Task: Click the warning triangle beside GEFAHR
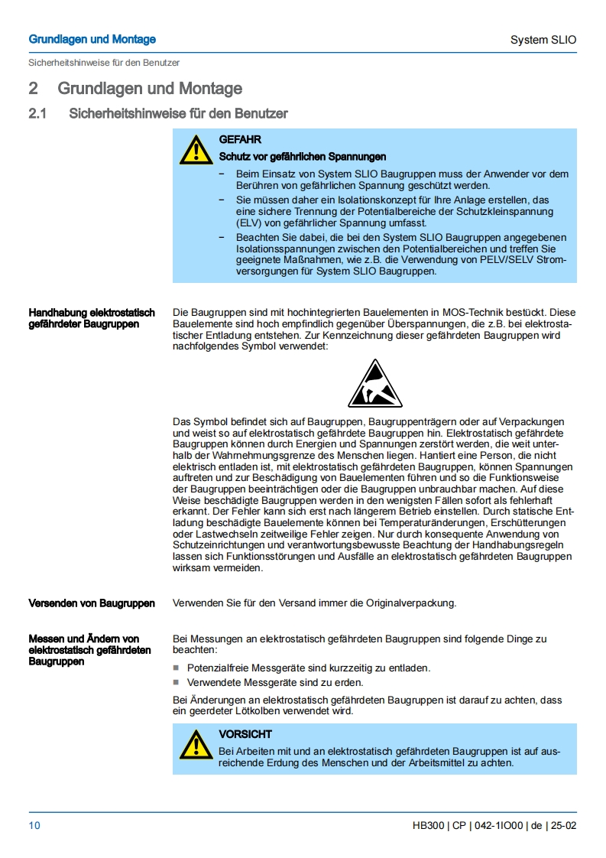click(196, 150)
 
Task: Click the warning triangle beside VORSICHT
click(196, 744)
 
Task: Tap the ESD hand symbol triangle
click(375, 383)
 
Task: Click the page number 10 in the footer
click(34, 825)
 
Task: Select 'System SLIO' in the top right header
click(543, 40)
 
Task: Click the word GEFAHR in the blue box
click(240, 140)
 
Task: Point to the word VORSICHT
click(245, 734)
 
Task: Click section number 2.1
click(37, 114)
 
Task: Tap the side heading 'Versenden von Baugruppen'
click(92, 603)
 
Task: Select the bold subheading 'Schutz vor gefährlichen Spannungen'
click(303, 157)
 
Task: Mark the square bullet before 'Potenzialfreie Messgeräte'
click(177, 668)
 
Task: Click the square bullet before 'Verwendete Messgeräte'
click(177, 683)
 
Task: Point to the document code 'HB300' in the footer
click(427, 825)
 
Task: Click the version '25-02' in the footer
click(562, 825)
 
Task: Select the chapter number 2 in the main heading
click(34, 89)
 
